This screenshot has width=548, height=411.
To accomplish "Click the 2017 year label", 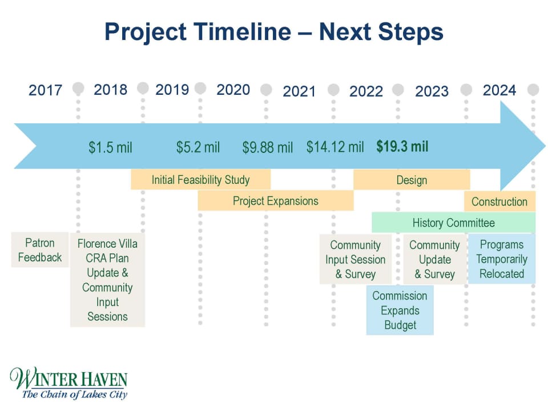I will tap(45, 90).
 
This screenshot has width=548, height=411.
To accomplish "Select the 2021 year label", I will tap(299, 91).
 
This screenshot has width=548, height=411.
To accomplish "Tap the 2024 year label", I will tap(499, 90).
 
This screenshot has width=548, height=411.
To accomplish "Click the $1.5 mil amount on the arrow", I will tap(110, 148).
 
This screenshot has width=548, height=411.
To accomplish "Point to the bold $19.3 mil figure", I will tap(402, 147).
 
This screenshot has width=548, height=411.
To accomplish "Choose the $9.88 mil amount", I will tap(267, 148).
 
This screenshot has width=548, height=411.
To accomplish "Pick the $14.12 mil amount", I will tap(335, 147).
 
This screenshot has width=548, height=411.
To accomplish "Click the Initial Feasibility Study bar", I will tap(200, 180).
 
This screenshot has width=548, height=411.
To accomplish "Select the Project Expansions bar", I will tap(275, 201).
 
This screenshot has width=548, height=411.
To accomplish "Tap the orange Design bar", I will tap(412, 180).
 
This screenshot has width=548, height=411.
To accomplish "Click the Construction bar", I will tap(499, 202).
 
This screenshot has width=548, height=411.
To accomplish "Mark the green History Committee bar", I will tap(453, 223).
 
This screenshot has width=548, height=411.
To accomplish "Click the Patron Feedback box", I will tap(39, 250).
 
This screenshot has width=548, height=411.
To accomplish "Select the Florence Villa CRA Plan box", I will tap(107, 280).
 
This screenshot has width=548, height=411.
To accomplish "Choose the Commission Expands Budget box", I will tap(400, 311).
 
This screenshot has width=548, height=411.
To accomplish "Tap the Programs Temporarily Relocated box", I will tap(502, 259).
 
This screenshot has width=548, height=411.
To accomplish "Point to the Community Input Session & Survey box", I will tap(355, 260).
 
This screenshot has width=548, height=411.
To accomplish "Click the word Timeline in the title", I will tap(243, 32).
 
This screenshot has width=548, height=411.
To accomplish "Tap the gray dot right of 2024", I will tap(533, 90).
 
